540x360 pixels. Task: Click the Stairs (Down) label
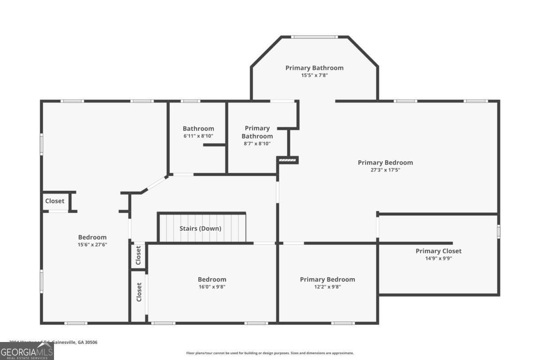[x=200, y=228]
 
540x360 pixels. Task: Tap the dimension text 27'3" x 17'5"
[x=385, y=170]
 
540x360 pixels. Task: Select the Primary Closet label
[x=438, y=251]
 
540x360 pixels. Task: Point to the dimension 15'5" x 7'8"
[x=314, y=76]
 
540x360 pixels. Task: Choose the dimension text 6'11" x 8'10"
[x=198, y=136]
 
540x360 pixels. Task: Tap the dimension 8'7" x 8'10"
[x=257, y=144]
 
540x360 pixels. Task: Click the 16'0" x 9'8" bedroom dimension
[x=211, y=287]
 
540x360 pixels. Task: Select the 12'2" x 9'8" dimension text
[x=327, y=287]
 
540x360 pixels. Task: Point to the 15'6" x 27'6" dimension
[x=92, y=245]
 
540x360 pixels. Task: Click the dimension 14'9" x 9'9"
[x=438, y=258]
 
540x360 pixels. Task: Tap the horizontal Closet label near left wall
[x=54, y=201]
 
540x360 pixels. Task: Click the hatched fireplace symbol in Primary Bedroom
[x=288, y=159]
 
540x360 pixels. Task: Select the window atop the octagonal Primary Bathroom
[x=314, y=37]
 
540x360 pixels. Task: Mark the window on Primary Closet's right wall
[x=498, y=231]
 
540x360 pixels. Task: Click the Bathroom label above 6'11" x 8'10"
[x=198, y=129]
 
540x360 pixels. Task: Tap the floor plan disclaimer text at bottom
[x=270, y=353]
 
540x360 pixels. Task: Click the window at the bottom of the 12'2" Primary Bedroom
[x=343, y=323]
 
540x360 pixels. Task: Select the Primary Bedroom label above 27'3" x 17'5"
[x=385, y=162]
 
